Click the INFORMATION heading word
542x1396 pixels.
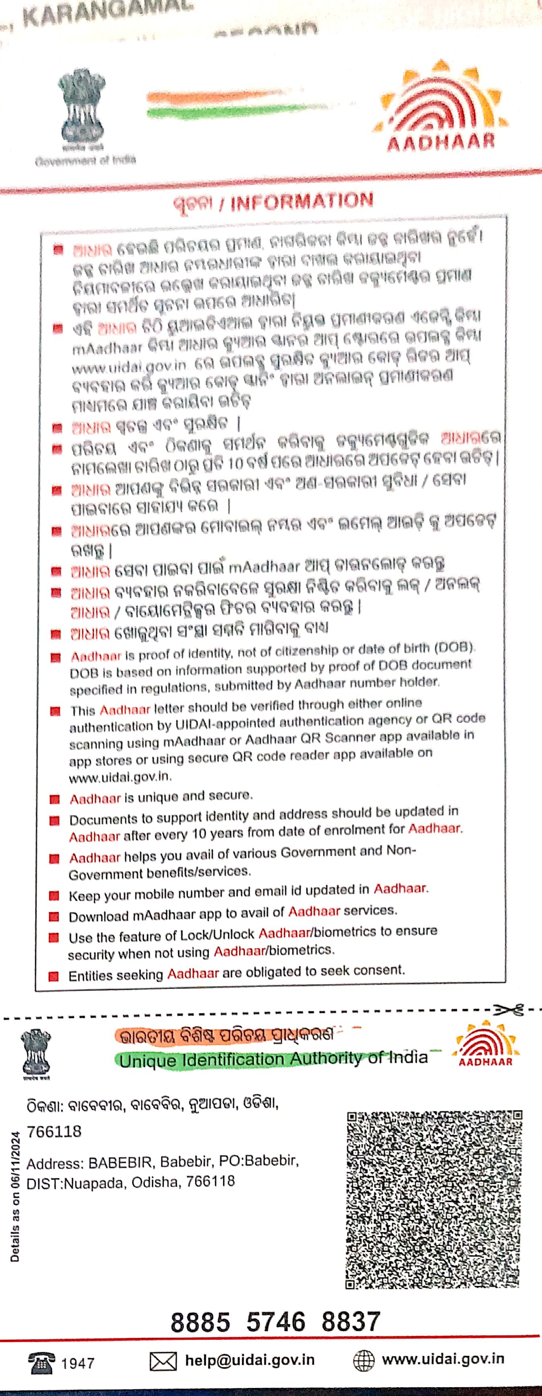(302, 201)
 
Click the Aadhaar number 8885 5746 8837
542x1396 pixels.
(275, 1322)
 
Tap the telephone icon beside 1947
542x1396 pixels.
(41, 1362)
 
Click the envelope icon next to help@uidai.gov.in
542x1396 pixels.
(163, 1361)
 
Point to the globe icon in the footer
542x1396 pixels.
(363, 1360)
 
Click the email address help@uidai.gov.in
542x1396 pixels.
(250, 1360)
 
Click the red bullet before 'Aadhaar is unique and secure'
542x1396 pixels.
(54, 799)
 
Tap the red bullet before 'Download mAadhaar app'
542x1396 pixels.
(54, 916)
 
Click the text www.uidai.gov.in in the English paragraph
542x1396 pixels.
(120, 777)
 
